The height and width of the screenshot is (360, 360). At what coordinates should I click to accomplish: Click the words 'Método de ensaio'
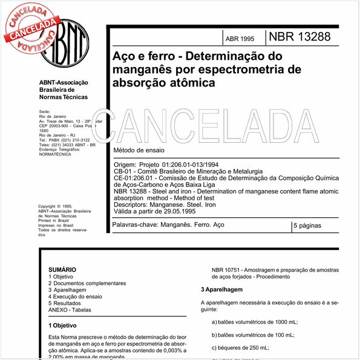[139, 149]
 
